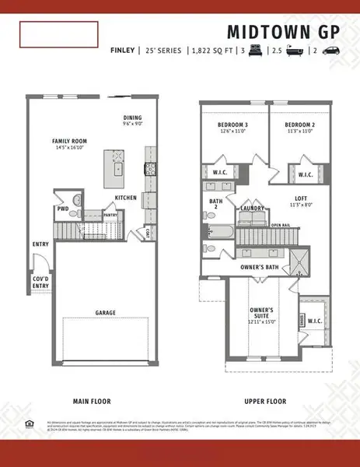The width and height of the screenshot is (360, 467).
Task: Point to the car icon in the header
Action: tap(329, 51)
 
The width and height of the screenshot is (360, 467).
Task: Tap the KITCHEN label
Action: tap(125, 198)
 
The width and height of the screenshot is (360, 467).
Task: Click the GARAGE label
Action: tap(106, 313)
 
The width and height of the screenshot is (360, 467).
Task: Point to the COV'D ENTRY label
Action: tap(40, 282)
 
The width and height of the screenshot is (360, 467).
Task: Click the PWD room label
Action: tap(63, 209)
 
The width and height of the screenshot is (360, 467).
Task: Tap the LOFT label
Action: tap(302, 200)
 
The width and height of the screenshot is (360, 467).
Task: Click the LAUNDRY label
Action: tap(252, 208)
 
